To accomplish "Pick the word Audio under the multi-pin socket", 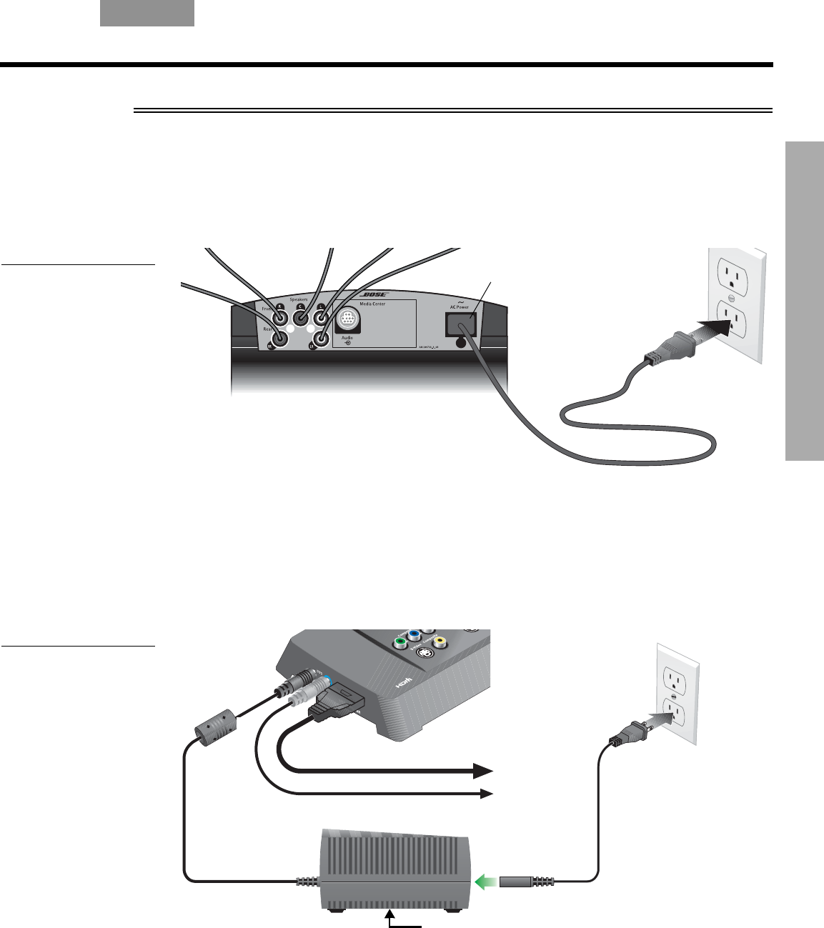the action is pyautogui.click(x=345, y=337).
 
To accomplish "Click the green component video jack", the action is pyautogui.click(x=402, y=642).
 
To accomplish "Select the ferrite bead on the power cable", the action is pyautogui.click(x=214, y=728).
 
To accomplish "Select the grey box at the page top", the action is pyautogui.click(x=147, y=13).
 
